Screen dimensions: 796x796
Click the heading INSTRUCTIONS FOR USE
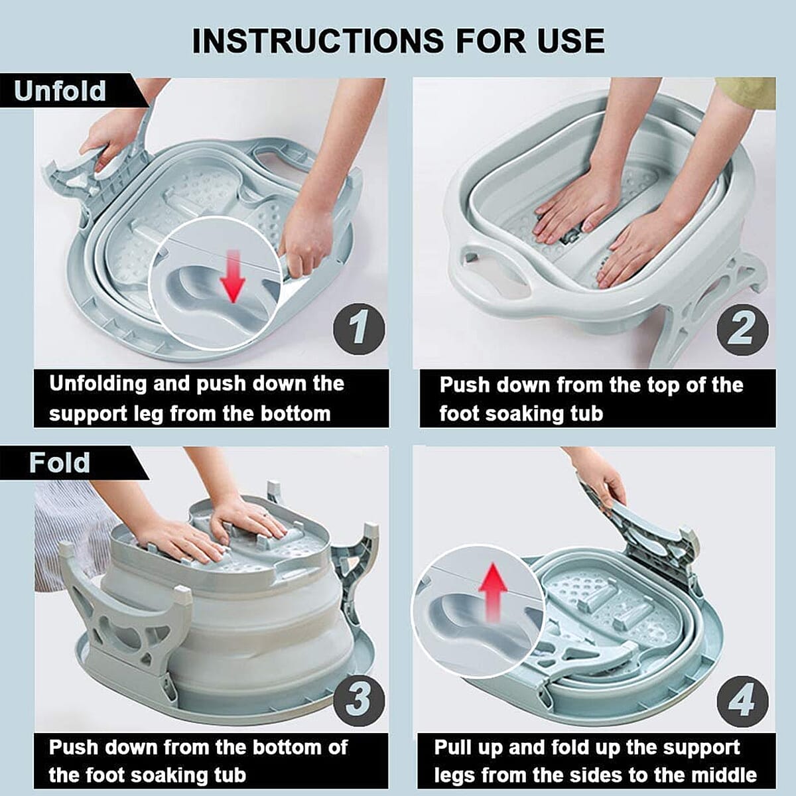398,41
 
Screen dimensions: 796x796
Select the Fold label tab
60,462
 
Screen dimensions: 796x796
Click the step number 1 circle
359,328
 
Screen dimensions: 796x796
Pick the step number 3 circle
359,700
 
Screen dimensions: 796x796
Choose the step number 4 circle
742,700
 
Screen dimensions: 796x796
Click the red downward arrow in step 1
233,275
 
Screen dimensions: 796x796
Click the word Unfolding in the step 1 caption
98,384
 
